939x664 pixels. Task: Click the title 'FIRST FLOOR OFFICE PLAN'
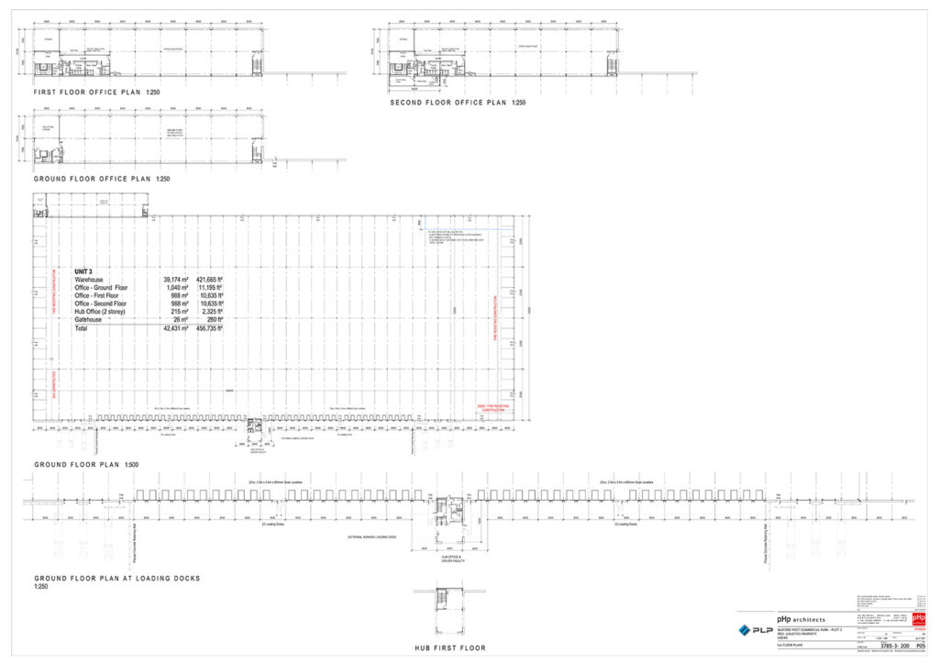coord(86,93)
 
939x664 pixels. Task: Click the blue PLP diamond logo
coord(745,630)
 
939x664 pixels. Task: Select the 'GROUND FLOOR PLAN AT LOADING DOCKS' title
coord(116,579)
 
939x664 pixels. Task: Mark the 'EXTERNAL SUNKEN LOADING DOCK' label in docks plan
coord(371,537)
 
